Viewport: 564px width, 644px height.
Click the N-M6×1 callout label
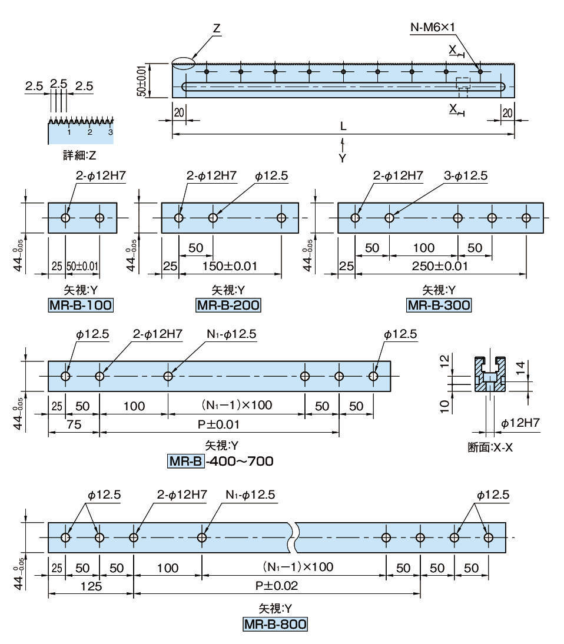tap(433, 27)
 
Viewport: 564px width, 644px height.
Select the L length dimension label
tap(343, 127)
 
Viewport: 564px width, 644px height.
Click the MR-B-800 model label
tap(275, 625)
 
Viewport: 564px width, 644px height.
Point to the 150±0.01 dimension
tap(230, 266)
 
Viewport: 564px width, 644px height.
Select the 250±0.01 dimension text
tap(440, 266)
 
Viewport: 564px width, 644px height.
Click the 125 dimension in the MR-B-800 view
tap(91, 586)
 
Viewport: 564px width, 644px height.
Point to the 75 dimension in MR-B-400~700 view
tap(73, 424)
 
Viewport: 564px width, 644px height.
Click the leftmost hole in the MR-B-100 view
tap(65, 218)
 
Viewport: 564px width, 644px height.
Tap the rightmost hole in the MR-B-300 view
tap(526, 218)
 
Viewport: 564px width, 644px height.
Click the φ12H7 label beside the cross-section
tap(520, 423)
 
